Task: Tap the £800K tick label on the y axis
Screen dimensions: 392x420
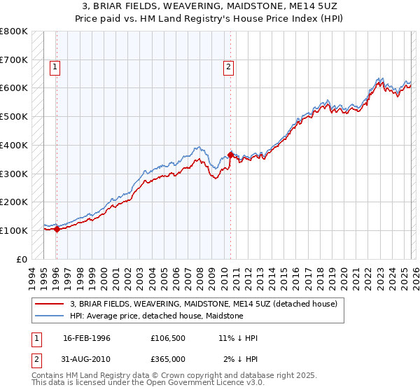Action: (14, 31)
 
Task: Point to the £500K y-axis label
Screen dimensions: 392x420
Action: (14, 117)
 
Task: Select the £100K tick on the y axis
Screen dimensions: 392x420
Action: (14, 230)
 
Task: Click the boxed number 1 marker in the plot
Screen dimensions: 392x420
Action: (55, 67)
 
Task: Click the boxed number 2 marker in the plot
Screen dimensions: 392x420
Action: (229, 67)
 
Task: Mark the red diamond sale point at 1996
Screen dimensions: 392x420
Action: (57, 229)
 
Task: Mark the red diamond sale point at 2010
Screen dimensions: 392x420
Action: (230, 155)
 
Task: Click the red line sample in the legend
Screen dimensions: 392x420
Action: (50, 304)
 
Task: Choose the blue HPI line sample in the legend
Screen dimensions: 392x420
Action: (50, 316)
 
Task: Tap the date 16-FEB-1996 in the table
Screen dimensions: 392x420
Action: (87, 338)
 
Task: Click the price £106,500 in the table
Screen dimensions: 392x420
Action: (167, 338)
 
